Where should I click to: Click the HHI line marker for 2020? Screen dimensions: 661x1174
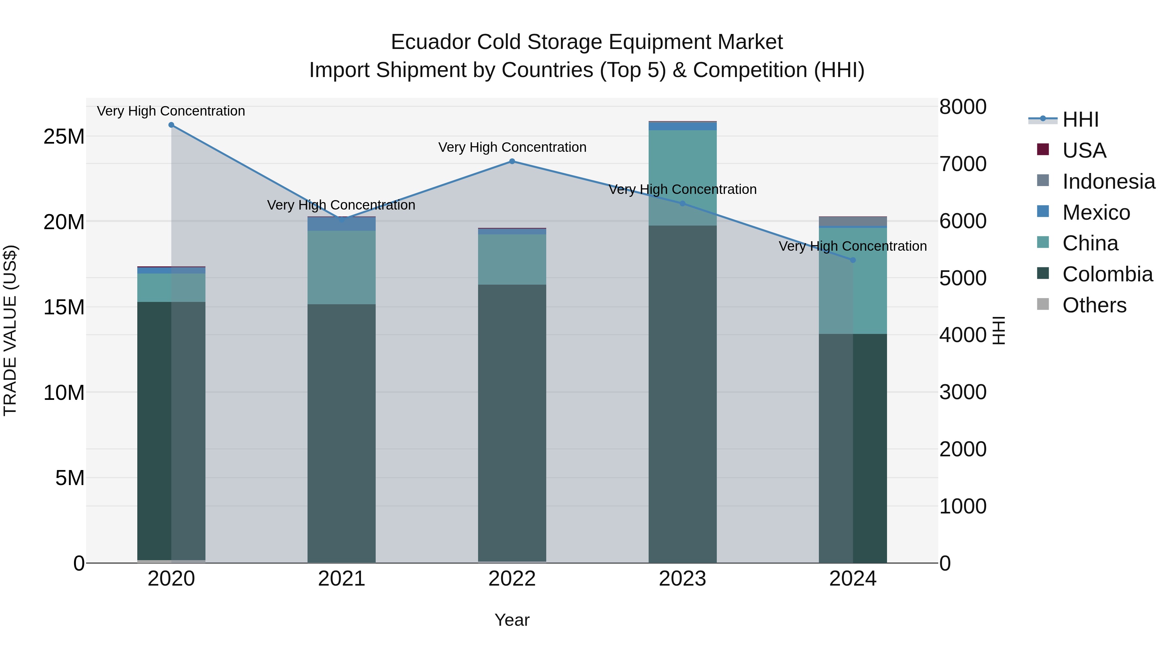[x=171, y=125]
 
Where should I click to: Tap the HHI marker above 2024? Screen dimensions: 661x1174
[x=853, y=260]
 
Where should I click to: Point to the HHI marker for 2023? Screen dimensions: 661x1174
[x=682, y=203]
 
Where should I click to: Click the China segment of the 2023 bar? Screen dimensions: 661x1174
[x=682, y=178]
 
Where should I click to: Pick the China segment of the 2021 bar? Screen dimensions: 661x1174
[x=341, y=267]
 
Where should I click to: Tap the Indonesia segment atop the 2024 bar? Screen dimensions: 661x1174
[x=853, y=221]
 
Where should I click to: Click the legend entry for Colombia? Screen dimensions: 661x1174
[x=1107, y=274]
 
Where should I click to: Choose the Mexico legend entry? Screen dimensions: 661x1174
[x=1096, y=212]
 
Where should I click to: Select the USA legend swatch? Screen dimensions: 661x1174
[x=1043, y=150]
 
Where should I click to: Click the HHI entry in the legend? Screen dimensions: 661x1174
[x=1080, y=119]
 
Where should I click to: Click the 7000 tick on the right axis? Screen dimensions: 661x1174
[x=963, y=164]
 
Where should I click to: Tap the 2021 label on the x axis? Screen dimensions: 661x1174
[x=341, y=579]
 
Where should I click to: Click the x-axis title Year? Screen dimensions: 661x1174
[x=512, y=620]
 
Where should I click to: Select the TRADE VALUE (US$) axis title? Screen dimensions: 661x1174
[x=10, y=330]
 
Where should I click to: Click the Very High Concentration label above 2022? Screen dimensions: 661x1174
[x=512, y=147]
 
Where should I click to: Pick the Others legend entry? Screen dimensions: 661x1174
[x=1094, y=305]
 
